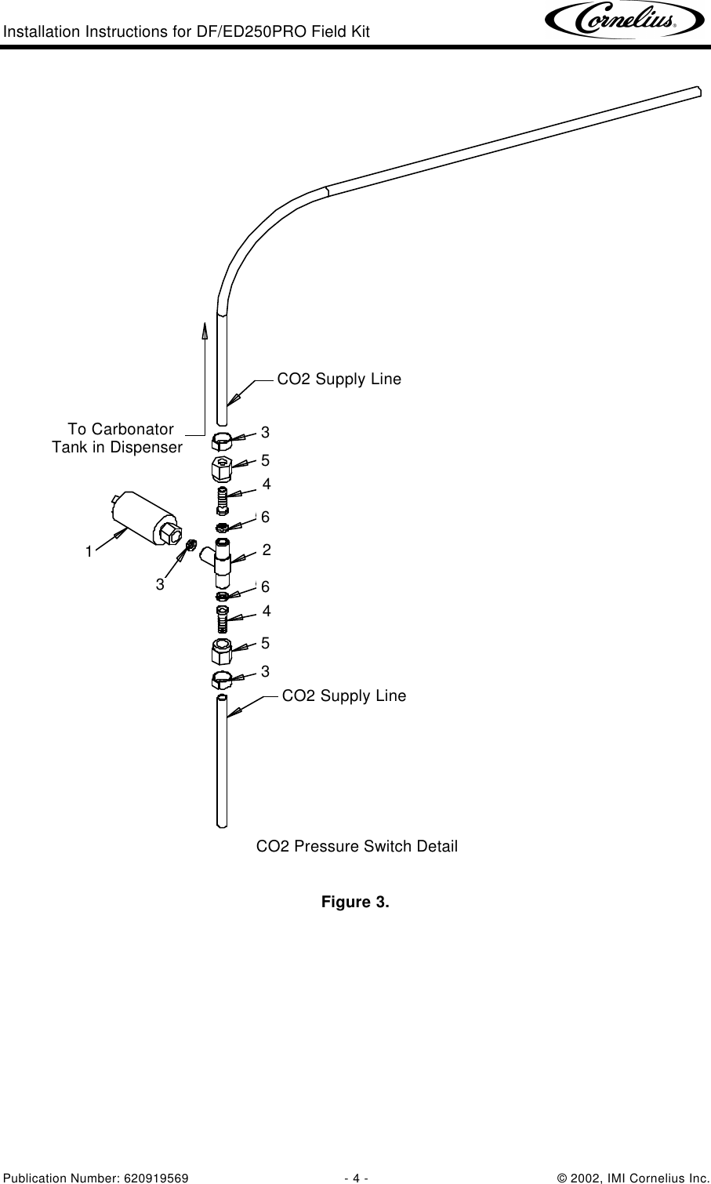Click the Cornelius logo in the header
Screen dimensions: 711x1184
click(x=625, y=20)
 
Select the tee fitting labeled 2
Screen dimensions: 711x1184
click(x=219, y=563)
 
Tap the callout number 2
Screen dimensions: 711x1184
click(x=267, y=550)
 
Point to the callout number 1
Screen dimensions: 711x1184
click(x=89, y=552)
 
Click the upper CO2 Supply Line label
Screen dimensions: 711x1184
click(x=339, y=379)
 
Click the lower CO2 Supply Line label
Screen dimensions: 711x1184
click(x=344, y=696)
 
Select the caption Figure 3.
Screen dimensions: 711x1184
click(x=355, y=902)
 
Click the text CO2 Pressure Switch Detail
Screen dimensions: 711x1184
click(x=357, y=846)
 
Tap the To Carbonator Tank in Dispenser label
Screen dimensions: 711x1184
click(x=118, y=438)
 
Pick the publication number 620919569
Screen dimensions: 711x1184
click(x=156, y=1179)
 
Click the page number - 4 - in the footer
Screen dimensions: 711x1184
click(x=356, y=1179)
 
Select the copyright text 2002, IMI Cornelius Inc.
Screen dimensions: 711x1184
click(x=640, y=1179)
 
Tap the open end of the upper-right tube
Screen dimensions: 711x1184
click(x=698, y=92)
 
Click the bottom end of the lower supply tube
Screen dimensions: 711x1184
click(x=222, y=825)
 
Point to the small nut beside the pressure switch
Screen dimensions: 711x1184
click(x=190, y=545)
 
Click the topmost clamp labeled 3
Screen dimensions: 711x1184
click(x=222, y=441)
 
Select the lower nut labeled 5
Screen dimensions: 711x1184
click(x=222, y=652)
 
